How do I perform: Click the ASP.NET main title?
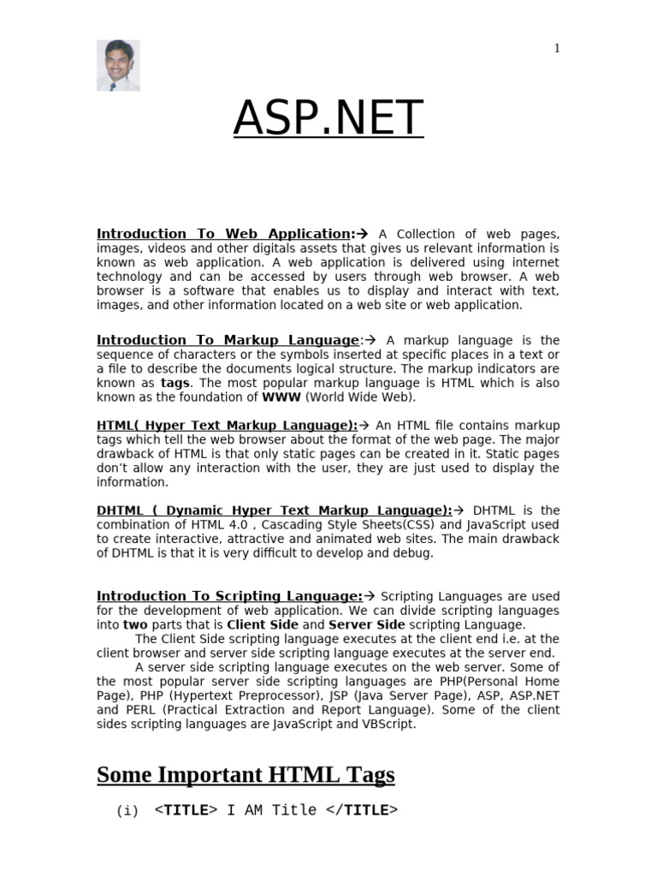(x=328, y=118)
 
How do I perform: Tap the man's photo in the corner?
(x=118, y=65)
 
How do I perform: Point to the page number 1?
(x=557, y=49)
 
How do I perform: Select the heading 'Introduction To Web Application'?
(x=224, y=234)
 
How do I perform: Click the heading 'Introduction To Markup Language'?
(x=228, y=340)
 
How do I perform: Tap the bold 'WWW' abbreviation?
(x=281, y=397)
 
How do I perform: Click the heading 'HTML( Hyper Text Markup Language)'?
(x=227, y=426)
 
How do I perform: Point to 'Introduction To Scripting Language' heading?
(x=229, y=596)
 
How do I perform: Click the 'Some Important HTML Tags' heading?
(x=246, y=775)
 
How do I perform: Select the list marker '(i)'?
(x=127, y=811)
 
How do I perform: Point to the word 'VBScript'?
(x=389, y=725)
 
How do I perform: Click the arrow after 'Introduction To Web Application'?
(x=361, y=234)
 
